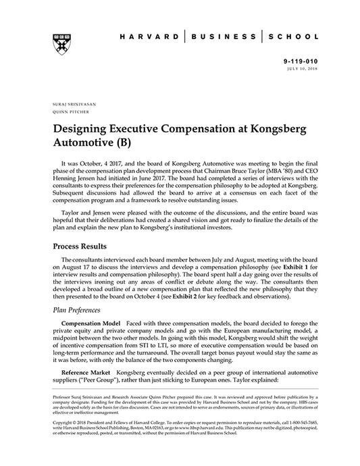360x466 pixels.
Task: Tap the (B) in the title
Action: [127, 143]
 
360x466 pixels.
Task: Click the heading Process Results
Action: [84, 247]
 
